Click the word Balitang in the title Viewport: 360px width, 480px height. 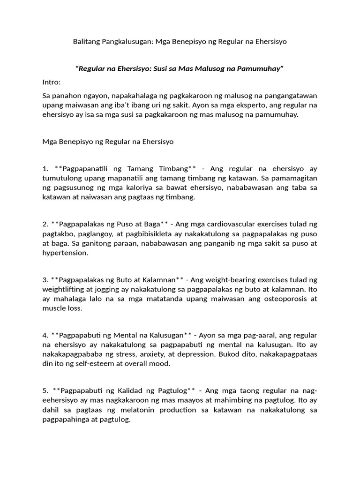86,41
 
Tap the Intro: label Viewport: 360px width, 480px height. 51,82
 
